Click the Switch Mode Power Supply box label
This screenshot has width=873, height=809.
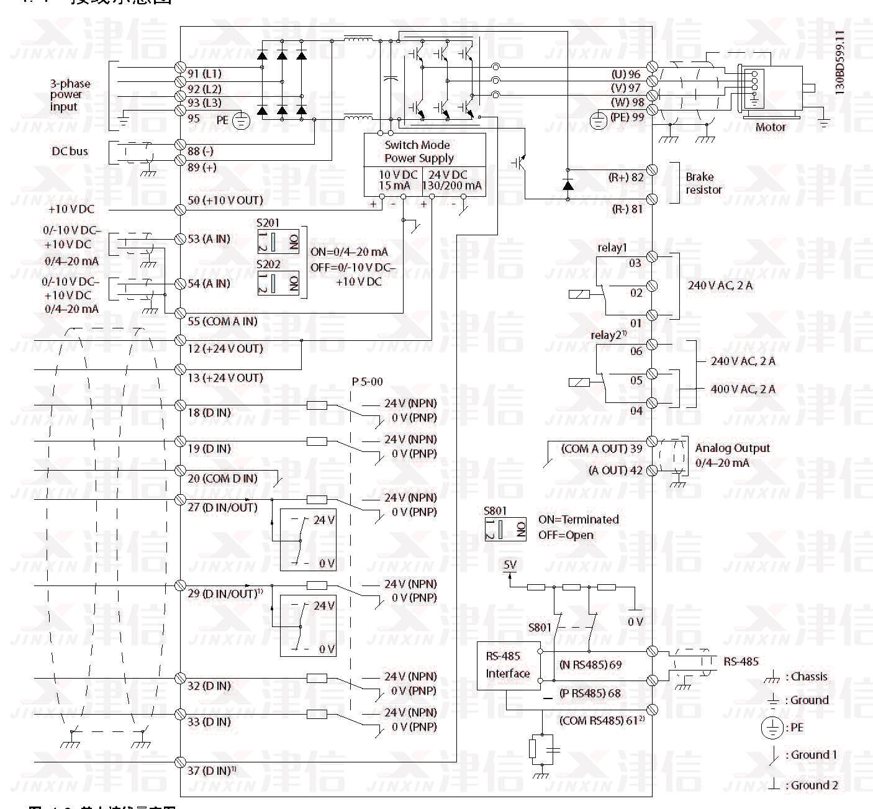click(418, 151)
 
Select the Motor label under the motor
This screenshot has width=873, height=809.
click(770, 127)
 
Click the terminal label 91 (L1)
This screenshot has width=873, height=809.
click(204, 73)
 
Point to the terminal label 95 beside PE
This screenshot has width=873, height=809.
click(194, 118)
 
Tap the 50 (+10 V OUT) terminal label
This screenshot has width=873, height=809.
click(225, 200)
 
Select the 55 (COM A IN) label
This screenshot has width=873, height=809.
click(222, 321)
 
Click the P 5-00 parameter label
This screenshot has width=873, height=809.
click(367, 382)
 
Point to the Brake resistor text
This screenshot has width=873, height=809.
click(703, 183)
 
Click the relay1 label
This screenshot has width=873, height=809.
click(612, 248)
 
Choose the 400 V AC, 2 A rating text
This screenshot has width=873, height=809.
click(743, 389)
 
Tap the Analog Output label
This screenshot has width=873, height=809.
click(732, 448)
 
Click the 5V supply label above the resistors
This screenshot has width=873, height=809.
click(510, 565)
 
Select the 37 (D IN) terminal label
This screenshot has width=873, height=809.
click(211, 771)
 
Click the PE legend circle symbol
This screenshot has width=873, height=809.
click(772, 728)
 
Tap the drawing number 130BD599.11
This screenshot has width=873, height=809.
click(839, 62)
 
